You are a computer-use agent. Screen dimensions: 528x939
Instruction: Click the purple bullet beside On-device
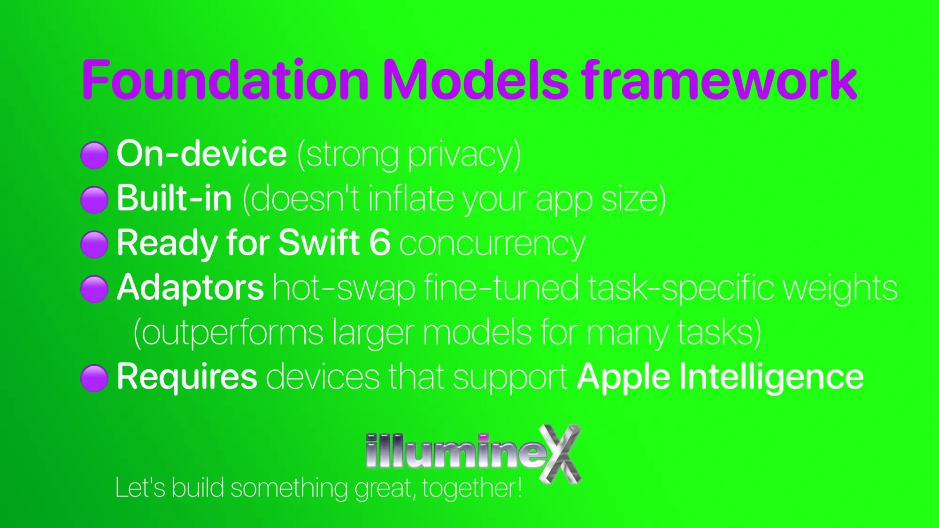tap(94, 155)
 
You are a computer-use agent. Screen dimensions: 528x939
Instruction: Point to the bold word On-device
tap(201, 153)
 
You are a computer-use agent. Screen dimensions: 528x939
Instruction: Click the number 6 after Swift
tap(380, 243)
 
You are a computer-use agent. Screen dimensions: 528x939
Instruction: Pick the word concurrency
tap(493, 244)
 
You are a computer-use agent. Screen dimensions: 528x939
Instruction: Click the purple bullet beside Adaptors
tap(94, 289)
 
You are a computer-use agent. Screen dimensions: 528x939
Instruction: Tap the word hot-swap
tap(344, 288)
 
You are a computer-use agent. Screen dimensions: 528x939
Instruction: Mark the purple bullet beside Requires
tap(94, 378)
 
